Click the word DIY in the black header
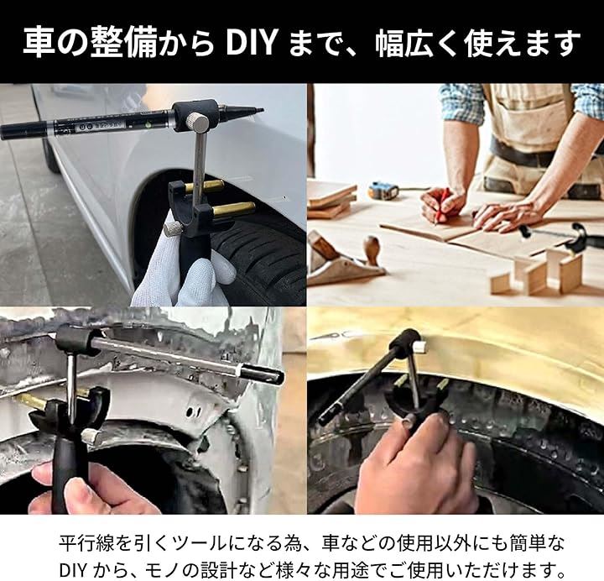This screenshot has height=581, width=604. [251, 43]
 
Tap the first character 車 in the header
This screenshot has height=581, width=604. [38, 43]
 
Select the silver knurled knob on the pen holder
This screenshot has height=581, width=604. [198, 122]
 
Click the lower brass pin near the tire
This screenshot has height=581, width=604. [233, 209]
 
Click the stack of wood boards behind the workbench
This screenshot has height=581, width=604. [332, 199]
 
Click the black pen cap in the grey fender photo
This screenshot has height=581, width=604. [262, 374]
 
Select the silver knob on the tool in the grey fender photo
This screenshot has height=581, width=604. [91, 437]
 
